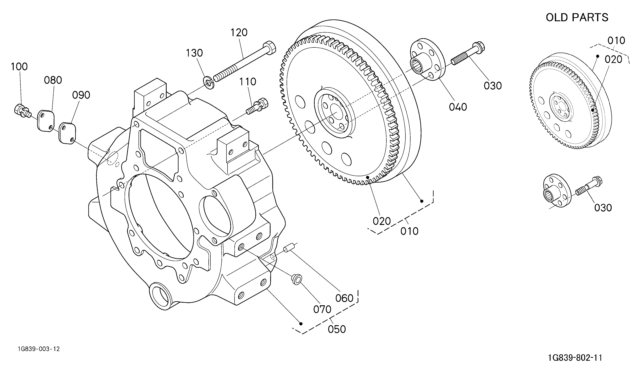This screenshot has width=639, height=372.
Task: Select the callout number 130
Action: pos(194,53)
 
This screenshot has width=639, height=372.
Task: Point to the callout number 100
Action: pos(19,67)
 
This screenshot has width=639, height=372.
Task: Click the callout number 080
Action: pos(53,80)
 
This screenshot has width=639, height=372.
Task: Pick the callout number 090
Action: pos(81,95)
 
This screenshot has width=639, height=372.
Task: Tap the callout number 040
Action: pos(458,107)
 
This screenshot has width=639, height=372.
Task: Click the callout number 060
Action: pos(344,298)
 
